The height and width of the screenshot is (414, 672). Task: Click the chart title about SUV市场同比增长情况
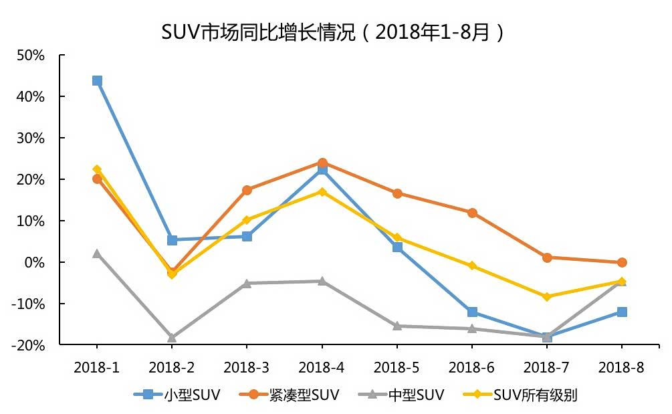tap(332, 31)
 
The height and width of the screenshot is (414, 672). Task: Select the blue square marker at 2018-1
tap(97, 81)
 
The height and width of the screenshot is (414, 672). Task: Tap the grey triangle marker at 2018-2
tap(172, 338)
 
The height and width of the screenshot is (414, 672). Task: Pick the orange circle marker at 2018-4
tap(322, 163)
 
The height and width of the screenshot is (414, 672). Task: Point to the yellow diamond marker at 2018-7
tap(547, 296)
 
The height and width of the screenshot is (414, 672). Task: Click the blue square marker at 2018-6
tap(472, 312)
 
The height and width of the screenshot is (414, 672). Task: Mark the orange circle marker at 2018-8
tap(622, 263)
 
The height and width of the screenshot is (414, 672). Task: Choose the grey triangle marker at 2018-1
tap(97, 253)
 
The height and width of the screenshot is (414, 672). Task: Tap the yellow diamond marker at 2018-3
tap(247, 220)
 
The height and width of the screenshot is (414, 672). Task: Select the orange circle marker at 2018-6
tap(472, 213)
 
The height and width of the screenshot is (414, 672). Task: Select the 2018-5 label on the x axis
tap(397, 367)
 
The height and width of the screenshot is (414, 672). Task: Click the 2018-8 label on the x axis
tap(621, 367)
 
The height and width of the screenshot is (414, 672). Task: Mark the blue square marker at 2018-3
tap(247, 236)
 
